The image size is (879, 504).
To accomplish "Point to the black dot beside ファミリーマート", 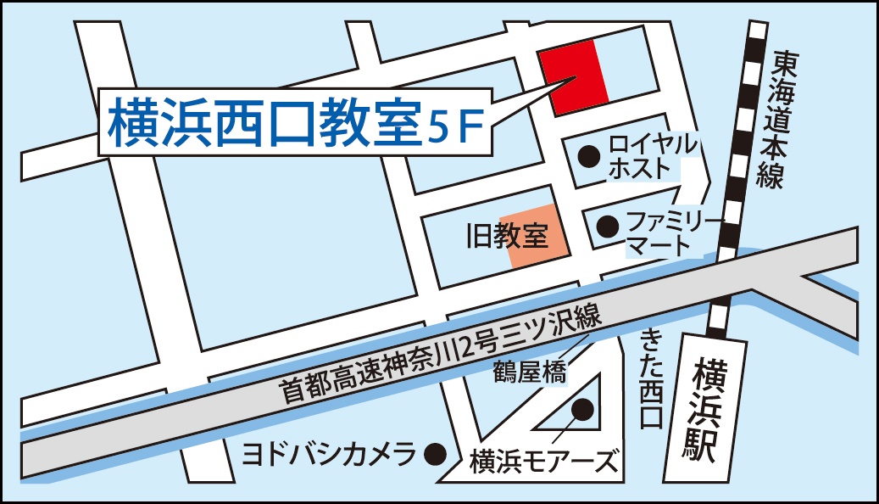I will pyautogui.click(x=607, y=226).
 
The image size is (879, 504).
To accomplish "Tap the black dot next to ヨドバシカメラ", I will pyautogui.click(x=435, y=453).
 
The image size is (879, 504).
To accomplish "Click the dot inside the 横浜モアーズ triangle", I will pyautogui.click(x=581, y=411).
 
